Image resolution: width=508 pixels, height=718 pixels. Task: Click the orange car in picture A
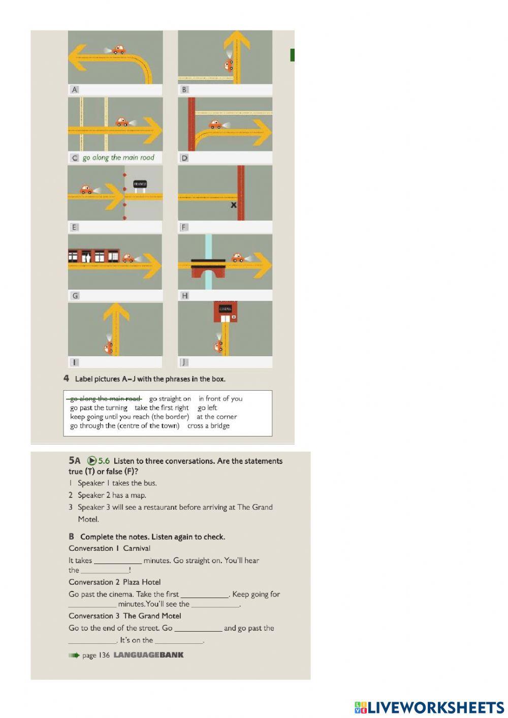pyautogui.click(x=118, y=49)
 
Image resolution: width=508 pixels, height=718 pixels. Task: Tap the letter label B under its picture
pyautogui.click(x=184, y=89)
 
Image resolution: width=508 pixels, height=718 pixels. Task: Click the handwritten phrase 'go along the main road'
pyautogui.click(x=118, y=158)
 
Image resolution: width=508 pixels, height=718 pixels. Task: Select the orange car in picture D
pyautogui.click(x=215, y=124)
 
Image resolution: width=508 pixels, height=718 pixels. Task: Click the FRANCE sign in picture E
pyautogui.click(x=140, y=184)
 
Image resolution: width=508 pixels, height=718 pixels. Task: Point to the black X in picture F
pyautogui.click(x=234, y=205)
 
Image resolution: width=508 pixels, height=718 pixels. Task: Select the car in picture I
pyautogui.click(x=109, y=348)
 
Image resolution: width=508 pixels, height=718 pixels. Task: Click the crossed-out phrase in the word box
pyautogui.click(x=105, y=398)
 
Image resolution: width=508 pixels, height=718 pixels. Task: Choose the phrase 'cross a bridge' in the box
pyautogui.click(x=208, y=426)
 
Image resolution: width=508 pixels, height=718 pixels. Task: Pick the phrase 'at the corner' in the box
pyautogui.click(x=217, y=417)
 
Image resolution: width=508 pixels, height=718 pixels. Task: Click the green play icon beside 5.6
pyautogui.click(x=92, y=461)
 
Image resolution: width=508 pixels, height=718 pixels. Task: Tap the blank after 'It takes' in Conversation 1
pyautogui.click(x=118, y=561)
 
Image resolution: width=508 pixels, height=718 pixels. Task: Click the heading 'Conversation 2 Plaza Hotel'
pyautogui.click(x=115, y=582)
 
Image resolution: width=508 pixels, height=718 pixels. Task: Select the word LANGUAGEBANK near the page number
pyautogui.click(x=148, y=655)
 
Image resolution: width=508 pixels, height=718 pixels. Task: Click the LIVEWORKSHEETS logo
pyautogui.click(x=429, y=707)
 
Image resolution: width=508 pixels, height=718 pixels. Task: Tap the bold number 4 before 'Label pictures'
pyautogui.click(x=66, y=379)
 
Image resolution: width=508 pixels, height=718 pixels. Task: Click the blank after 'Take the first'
pyautogui.click(x=205, y=595)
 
